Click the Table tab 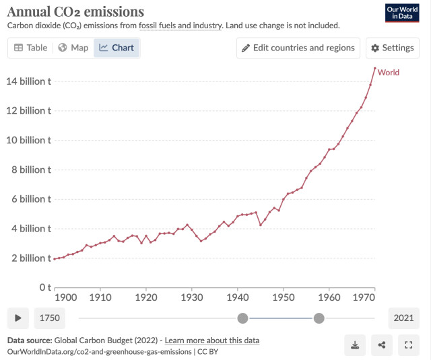31,48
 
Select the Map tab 73,48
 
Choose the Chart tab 117,48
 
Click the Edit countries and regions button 298,48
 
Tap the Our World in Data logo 402,13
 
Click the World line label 389,72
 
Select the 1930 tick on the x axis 191,297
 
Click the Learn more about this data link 212,340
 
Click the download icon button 355,345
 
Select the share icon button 382,345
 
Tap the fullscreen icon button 408,345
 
